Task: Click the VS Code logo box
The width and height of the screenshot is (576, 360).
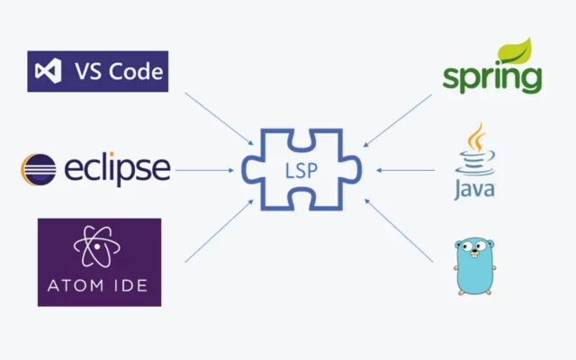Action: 98,71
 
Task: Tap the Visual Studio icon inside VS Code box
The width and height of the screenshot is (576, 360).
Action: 47,71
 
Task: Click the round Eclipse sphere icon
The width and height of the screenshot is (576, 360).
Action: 38,168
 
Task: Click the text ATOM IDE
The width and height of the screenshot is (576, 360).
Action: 99,287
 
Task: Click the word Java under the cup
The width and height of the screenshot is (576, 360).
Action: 474,191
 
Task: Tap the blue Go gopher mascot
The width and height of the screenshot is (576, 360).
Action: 476,266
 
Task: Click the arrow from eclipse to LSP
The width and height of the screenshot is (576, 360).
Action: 204,169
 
